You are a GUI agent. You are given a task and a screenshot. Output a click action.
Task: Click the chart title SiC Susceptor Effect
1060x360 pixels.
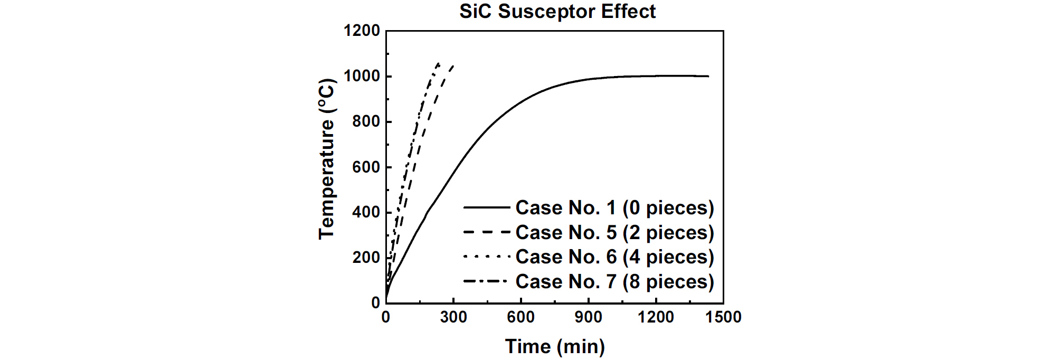[x=557, y=11]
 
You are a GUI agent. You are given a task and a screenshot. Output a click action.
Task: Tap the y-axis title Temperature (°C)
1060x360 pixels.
[x=327, y=159]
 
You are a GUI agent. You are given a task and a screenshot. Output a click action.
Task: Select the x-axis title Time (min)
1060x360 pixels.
[x=555, y=346]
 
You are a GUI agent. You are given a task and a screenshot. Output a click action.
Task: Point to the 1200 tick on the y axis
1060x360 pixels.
[x=362, y=31]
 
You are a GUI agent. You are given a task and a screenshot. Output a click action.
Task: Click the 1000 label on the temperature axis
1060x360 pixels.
[x=362, y=76]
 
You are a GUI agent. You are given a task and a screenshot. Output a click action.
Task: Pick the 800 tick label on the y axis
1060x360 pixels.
[x=366, y=121]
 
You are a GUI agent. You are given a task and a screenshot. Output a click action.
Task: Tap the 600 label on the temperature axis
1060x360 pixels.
[x=366, y=167]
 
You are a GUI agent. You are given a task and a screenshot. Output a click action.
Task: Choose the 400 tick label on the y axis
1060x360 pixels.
[x=366, y=212]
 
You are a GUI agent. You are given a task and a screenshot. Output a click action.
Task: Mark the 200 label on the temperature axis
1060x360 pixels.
[x=366, y=258]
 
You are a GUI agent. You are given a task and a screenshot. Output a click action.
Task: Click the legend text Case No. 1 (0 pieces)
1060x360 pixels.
[x=614, y=207]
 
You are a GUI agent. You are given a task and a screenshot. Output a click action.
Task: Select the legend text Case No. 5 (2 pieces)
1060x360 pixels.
[x=614, y=232]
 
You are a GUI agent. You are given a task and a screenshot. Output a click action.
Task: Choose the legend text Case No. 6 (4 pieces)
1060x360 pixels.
[x=614, y=257]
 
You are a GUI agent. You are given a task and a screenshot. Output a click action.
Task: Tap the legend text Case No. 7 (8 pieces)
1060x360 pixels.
[x=614, y=281]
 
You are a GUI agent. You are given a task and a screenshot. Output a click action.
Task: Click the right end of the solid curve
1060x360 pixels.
[x=708, y=77]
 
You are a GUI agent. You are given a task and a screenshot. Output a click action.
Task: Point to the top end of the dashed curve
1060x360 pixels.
[x=453, y=65]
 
